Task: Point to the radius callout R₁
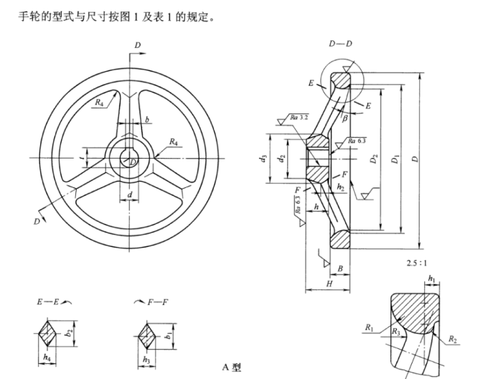369,327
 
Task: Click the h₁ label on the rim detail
431,279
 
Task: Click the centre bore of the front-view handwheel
130,157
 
